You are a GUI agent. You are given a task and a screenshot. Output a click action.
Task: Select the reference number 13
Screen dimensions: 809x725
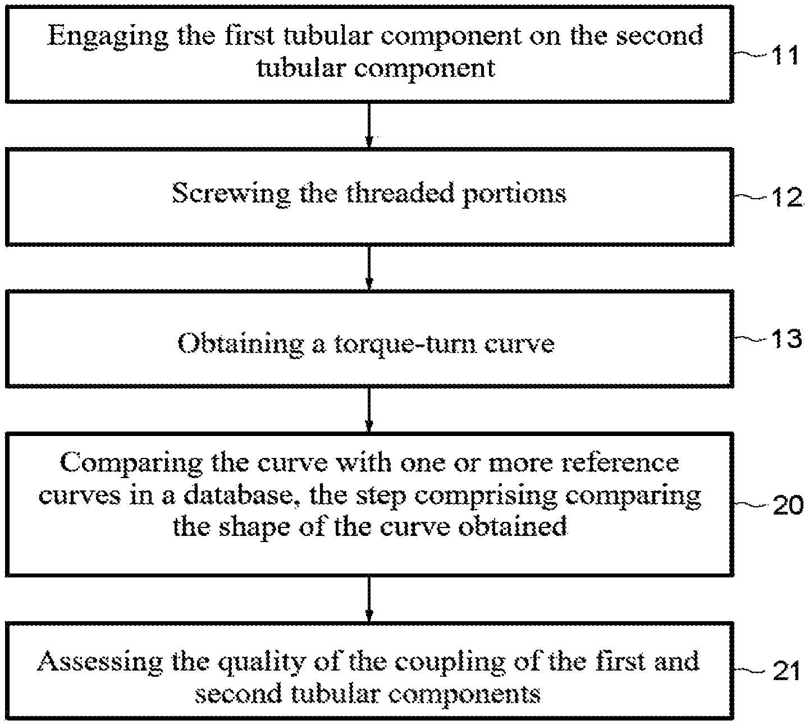coord(787,338)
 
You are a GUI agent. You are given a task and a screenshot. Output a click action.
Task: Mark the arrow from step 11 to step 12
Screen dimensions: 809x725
coord(369,125)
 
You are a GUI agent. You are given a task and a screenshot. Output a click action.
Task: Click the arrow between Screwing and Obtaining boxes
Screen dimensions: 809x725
coord(369,268)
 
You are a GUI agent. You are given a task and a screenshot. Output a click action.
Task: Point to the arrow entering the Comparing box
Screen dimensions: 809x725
coord(369,410)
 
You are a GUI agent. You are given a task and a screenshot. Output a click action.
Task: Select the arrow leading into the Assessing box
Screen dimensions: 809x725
coord(369,599)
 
